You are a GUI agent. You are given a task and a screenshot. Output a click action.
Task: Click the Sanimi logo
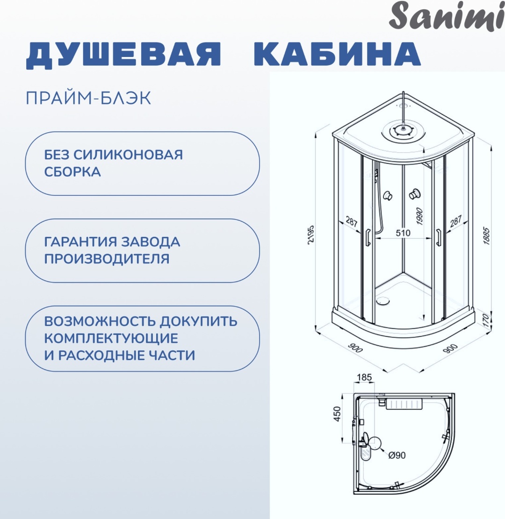click(x=447, y=16)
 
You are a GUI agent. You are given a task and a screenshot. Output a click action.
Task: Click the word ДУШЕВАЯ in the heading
click(x=123, y=55)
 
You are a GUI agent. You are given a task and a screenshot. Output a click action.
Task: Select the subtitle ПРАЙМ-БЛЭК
click(x=88, y=98)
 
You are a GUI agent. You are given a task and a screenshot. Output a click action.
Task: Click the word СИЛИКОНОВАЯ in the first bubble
click(x=128, y=155)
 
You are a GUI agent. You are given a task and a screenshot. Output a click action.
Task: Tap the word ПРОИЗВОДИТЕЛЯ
click(x=107, y=259)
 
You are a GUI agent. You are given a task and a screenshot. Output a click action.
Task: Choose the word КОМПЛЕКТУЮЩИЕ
click(x=111, y=338)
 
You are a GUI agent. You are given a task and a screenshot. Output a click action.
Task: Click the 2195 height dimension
click(x=310, y=235)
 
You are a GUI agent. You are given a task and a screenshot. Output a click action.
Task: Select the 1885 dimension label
click(x=486, y=235)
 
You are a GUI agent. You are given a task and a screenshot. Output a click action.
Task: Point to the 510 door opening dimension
click(x=403, y=233)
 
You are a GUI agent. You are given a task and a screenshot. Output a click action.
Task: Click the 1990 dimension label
click(x=419, y=216)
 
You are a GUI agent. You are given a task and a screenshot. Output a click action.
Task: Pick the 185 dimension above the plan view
click(x=364, y=377)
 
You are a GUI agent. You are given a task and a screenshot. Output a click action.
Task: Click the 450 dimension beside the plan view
click(x=337, y=414)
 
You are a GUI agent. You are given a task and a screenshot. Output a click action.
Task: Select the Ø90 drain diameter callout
click(x=397, y=455)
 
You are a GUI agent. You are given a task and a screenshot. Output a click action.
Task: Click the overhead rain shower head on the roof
click(x=403, y=131)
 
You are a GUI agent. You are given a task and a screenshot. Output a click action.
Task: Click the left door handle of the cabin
click(x=368, y=237)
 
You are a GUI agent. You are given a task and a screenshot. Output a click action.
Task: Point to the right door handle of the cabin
click(x=439, y=237)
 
